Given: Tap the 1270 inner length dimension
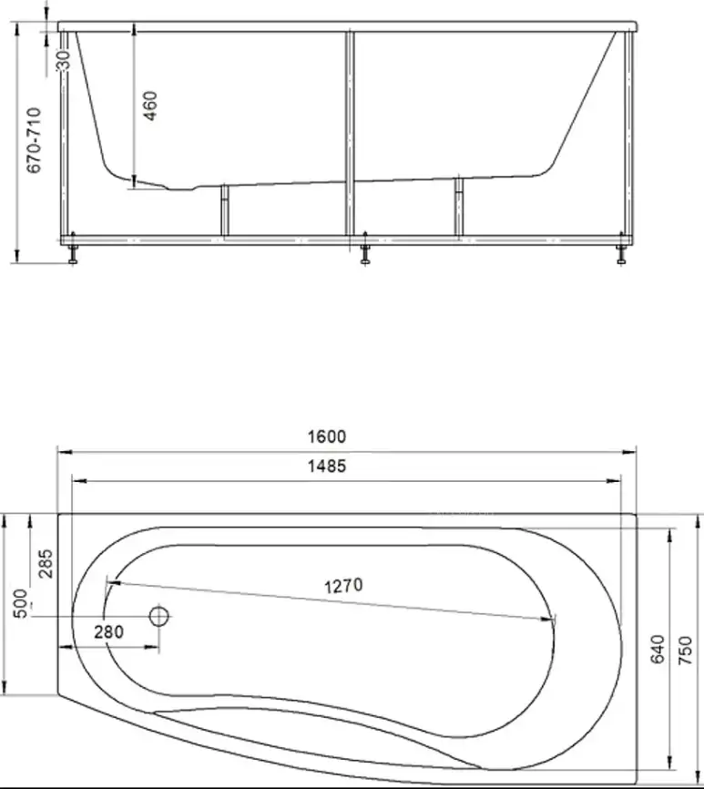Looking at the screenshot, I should [342, 585].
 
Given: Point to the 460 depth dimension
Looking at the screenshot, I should [150, 108].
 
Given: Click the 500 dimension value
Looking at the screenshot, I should [19, 604].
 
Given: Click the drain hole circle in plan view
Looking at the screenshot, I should [159, 617].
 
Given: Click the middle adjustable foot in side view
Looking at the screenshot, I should [364, 252].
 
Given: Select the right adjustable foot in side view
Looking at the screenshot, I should [621, 252].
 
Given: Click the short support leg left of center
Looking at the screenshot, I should [222, 211].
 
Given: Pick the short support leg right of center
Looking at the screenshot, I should [458, 208].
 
